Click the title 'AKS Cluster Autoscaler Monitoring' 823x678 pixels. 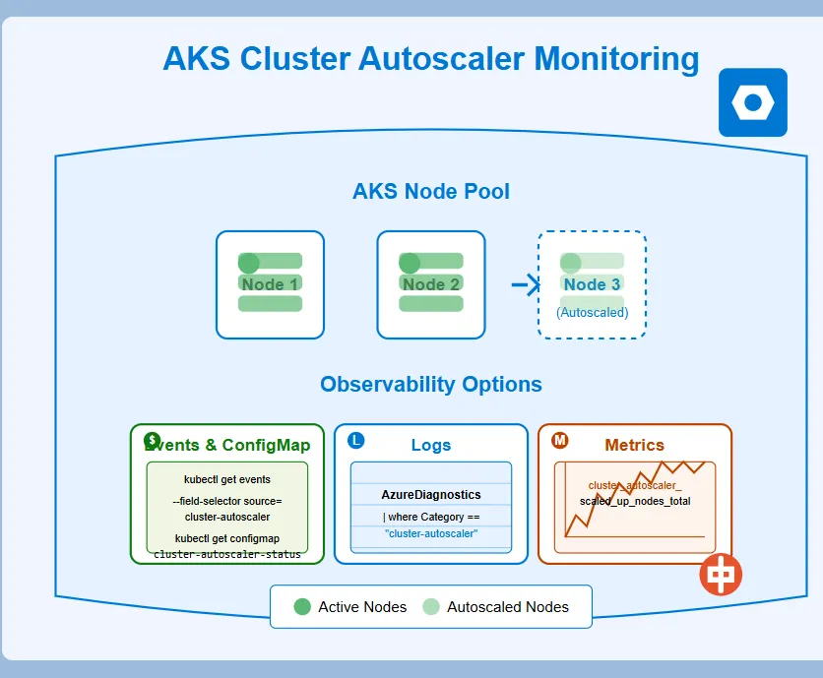tap(430, 59)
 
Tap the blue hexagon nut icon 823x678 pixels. tap(753, 102)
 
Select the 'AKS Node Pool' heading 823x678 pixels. tap(430, 191)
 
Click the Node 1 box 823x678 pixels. tap(270, 285)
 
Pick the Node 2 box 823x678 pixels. tap(430, 285)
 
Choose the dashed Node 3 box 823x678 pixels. tap(592, 285)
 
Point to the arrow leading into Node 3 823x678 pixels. tap(526, 285)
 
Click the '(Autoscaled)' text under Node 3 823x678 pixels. tap(592, 313)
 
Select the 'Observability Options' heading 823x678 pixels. tap(430, 384)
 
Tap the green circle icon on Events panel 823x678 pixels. tap(152, 440)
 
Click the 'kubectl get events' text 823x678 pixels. tap(227, 480)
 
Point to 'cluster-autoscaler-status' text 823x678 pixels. tap(227, 554)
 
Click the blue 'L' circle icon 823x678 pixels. tap(356, 440)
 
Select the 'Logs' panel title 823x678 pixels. tap(430, 445)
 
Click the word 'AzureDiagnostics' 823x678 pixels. tap(431, 495)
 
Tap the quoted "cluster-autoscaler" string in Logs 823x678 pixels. tap(431, 533)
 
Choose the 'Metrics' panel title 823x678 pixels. tap(634, 445)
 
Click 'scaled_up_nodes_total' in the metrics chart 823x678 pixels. tap(635, 501)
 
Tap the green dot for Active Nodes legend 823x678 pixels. tap(302, 606)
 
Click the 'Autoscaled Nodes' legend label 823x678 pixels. tap(508, 607)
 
